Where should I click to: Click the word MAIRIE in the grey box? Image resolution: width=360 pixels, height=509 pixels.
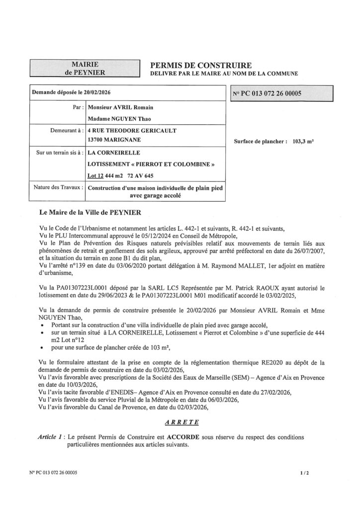84,64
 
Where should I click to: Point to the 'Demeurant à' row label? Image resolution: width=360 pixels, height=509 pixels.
64,130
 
